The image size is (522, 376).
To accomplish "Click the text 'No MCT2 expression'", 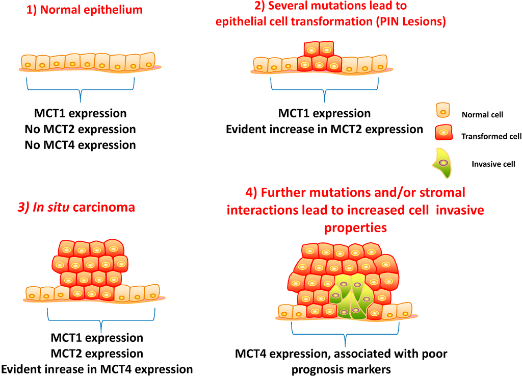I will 80,129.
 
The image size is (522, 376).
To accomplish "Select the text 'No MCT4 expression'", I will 80,145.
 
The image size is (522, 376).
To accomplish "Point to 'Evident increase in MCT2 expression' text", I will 325,129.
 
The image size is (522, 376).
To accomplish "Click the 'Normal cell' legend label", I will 482,115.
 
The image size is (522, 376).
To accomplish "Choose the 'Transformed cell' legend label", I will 491,136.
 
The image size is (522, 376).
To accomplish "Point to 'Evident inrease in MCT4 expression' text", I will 97,369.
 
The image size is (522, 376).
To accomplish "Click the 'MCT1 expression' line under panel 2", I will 324,113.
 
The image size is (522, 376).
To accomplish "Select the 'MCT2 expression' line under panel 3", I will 97,354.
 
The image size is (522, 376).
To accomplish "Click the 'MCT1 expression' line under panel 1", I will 80,113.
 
